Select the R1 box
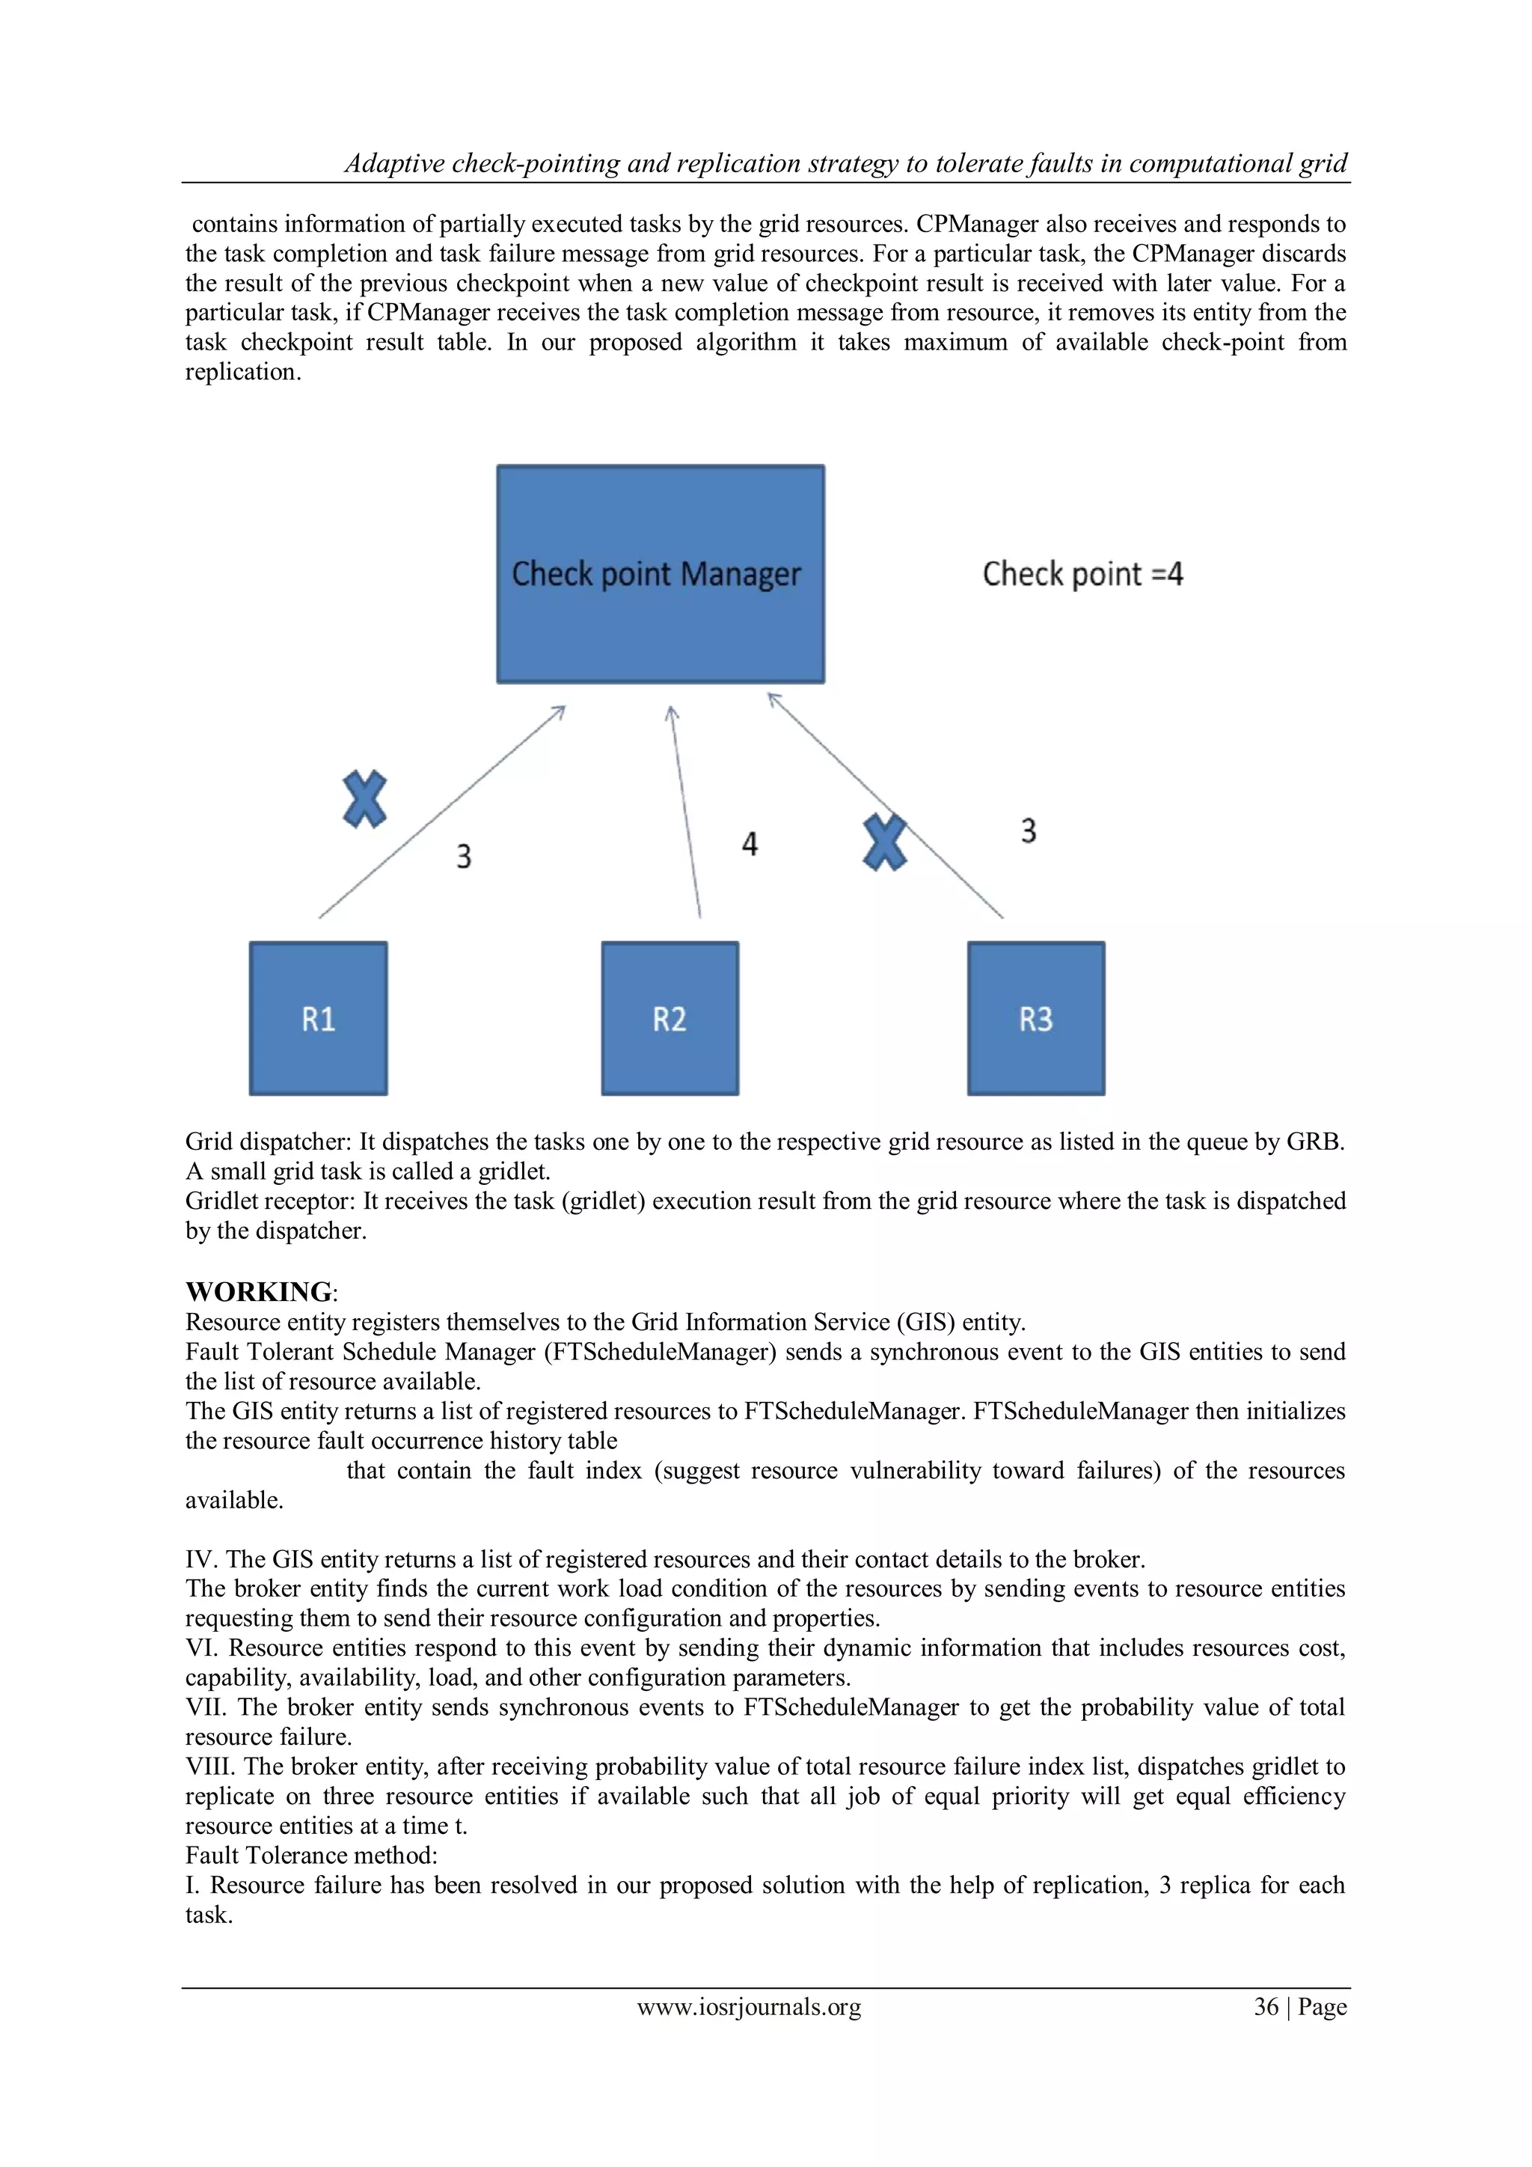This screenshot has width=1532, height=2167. pos(318,1018)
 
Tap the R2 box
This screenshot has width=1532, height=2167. pos(670,1018)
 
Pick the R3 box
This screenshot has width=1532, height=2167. pos(1036,1018)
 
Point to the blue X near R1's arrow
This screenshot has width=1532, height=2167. pos(364,799)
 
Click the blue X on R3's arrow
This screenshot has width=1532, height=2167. pos(885,843)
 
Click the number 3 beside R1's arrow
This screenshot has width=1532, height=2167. pos(463,857)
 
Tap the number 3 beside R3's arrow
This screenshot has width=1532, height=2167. pos(1029,832)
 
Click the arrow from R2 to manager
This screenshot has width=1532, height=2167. pos(686,811)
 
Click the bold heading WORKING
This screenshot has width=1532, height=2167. pos(259,1292)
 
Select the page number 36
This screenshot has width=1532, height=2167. pos(1265,2007)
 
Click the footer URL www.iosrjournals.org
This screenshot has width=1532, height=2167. pos(749,2007)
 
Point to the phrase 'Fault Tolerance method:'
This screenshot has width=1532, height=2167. pos(311,1856)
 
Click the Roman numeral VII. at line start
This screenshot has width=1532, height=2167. pos(206,1707)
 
